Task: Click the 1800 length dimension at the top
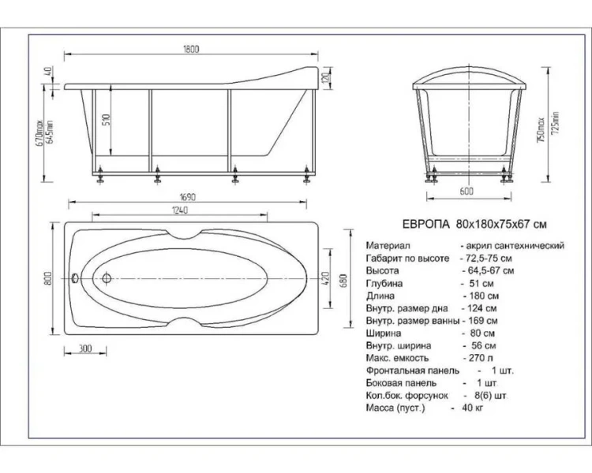(190, 48)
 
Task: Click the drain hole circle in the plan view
(106, 277)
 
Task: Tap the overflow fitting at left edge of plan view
(73, 277)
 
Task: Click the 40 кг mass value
(469, 407)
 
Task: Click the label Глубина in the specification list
(385, 283)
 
